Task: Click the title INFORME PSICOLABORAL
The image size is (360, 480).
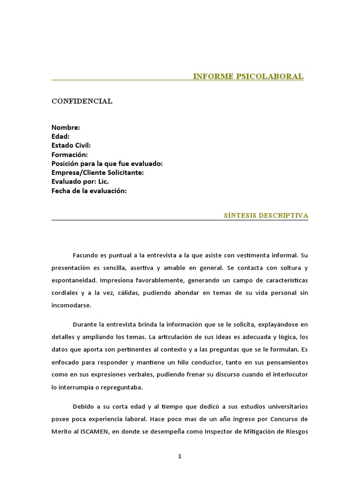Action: tap(248, 76)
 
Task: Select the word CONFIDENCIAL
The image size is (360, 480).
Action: tap(82, 101)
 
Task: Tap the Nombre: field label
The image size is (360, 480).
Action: tap(66, 127)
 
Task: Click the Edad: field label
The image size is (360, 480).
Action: tap(60, 136)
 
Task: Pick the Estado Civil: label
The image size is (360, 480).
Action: tap(71, 145)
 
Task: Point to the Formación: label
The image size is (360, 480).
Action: tap(69, 154)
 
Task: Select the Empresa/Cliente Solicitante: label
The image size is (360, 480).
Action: tap(97, 172)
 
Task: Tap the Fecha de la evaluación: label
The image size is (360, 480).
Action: tap(89, 190)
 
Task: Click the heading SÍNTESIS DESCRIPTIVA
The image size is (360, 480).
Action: tap(267, 216)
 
